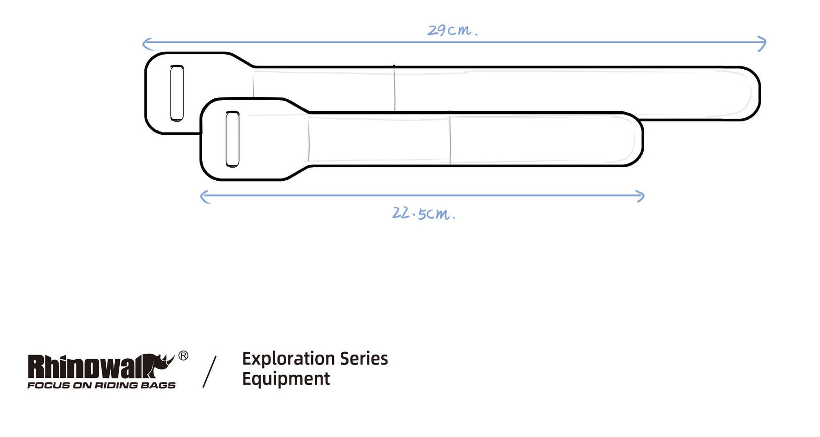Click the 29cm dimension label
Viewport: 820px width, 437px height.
(452, 30)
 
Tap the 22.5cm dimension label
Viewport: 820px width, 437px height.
(424, 213)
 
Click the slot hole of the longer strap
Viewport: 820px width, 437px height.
(177, 93)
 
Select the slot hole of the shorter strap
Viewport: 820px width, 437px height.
(232, 139)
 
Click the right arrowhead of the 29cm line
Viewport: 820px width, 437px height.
(762, 44)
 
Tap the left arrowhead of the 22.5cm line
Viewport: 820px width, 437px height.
(205, 197)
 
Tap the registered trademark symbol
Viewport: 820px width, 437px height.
(183, 356)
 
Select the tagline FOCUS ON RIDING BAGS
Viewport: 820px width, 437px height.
(102, 385)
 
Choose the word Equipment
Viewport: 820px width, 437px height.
(286, 379)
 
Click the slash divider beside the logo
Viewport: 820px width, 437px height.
(210, 372)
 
